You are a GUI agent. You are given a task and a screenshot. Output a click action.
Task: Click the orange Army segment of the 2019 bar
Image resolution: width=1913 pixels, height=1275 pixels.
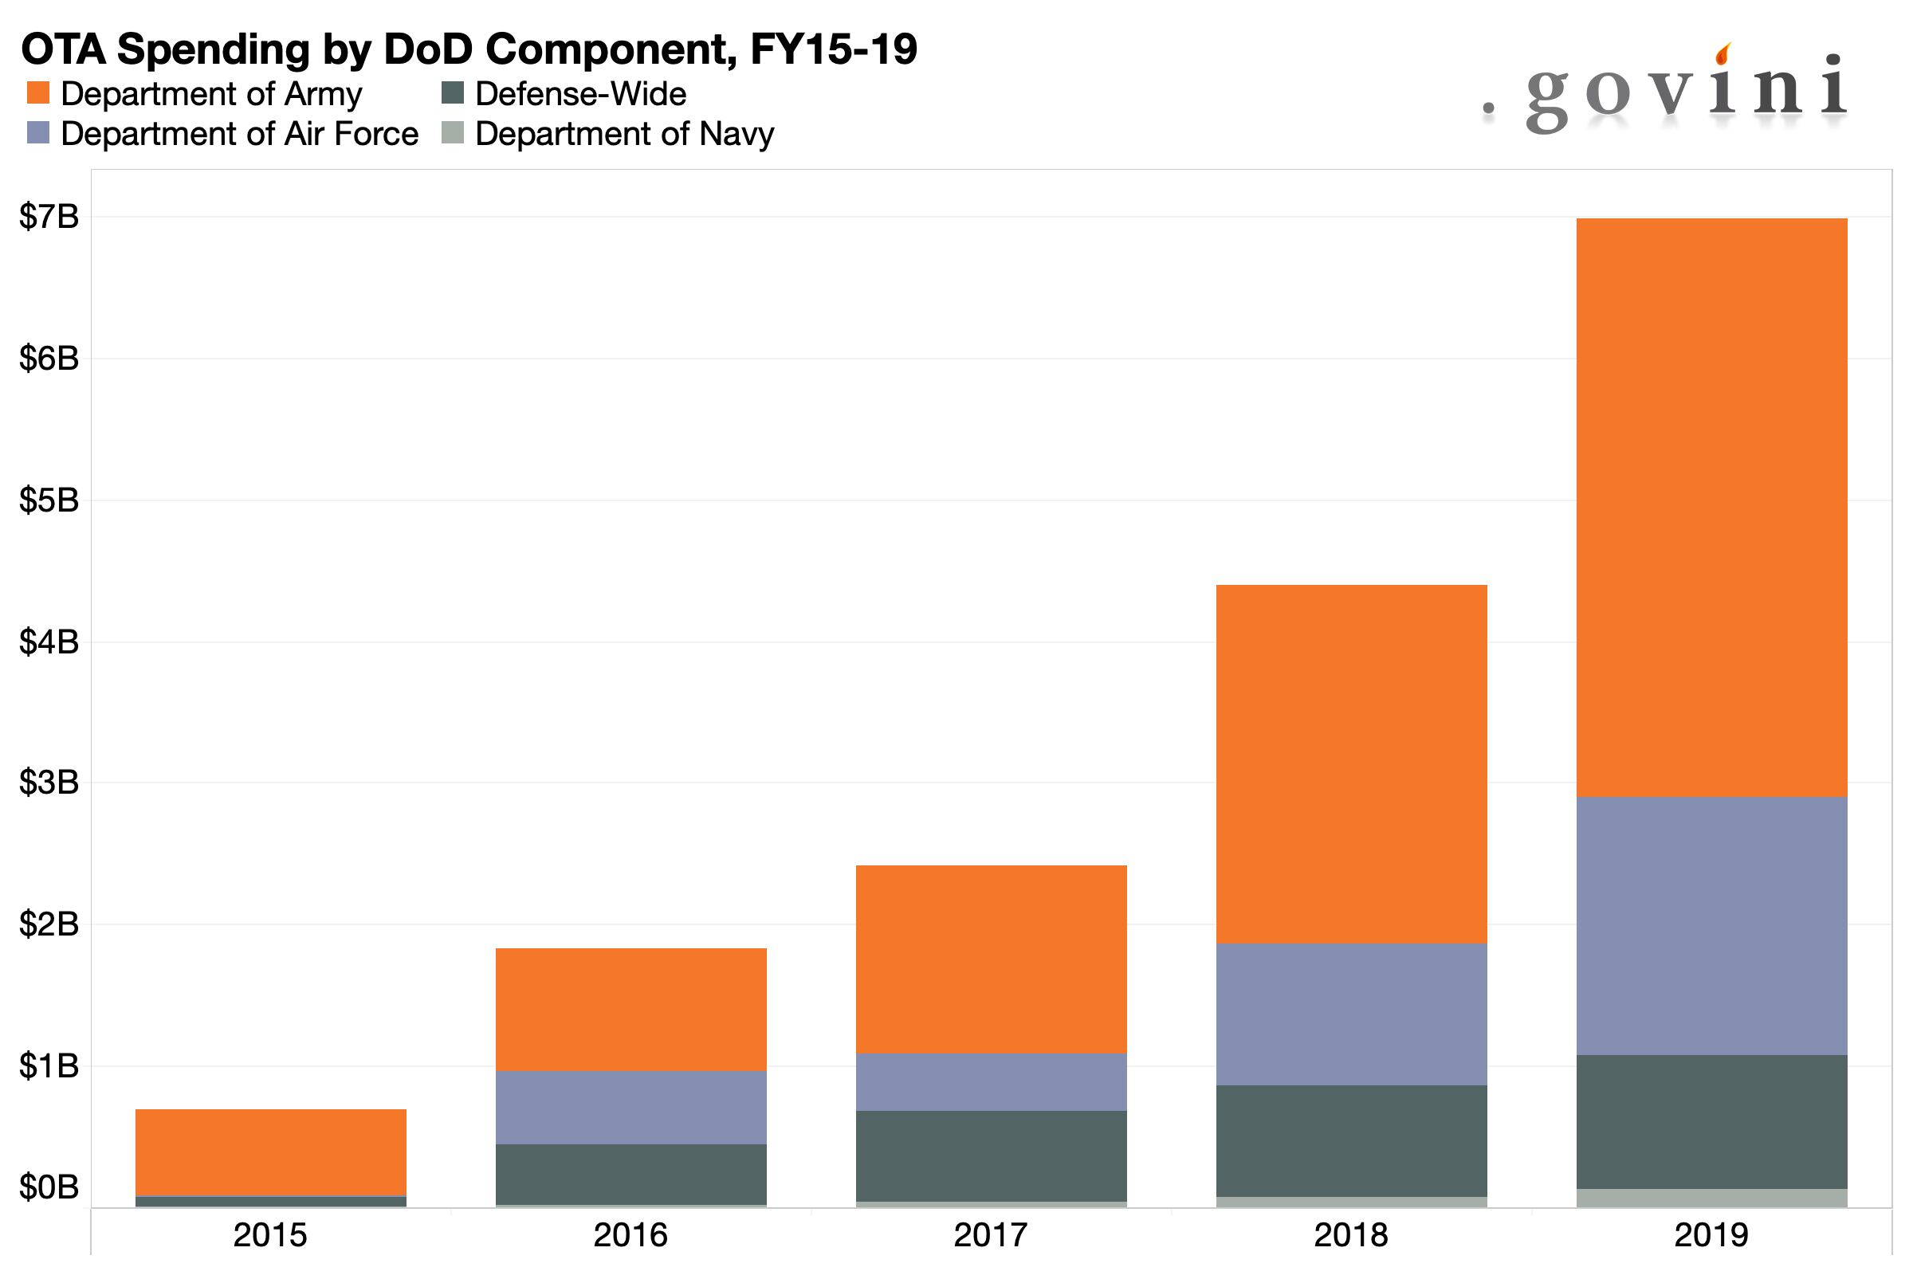click(x=1711, y=508)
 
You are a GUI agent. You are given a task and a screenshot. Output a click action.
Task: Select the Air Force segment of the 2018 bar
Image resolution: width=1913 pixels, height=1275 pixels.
click(x=1351, y=1014)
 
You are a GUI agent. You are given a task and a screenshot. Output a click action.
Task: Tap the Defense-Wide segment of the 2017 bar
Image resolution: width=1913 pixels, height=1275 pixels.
click(x=991, y=1155)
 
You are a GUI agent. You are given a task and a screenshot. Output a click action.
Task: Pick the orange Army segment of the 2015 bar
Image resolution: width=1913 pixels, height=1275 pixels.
click(x=271, y=1151)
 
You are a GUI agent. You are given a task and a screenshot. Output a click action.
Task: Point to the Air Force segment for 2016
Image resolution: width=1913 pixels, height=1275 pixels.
click(x=630, y=1107)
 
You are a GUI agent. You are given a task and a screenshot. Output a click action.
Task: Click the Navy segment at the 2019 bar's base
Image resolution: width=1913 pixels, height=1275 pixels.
click(x=1711, y=1198)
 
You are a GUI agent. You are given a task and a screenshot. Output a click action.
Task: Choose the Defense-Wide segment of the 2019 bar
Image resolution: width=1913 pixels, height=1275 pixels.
click(x=1711, y=1122)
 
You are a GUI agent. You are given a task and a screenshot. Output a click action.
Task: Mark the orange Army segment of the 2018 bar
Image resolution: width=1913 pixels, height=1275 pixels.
click(x=1351, y=764)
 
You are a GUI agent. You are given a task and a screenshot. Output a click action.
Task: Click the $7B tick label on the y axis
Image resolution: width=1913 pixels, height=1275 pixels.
click(x=49, y=216)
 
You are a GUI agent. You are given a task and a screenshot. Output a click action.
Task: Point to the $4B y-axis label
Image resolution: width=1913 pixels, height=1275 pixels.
click(x=49, y=642)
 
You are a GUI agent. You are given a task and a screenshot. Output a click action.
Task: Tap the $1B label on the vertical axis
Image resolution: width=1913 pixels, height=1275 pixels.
click(x=49, y=1065)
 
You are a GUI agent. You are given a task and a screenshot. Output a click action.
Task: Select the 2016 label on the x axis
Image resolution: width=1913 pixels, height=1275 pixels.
click(x=630, y=1235)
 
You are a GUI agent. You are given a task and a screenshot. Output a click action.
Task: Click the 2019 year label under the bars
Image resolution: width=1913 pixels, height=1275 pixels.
click(x=1711, y=1235)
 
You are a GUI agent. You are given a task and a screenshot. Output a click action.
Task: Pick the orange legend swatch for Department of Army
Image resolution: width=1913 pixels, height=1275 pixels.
click(x=38, y=92)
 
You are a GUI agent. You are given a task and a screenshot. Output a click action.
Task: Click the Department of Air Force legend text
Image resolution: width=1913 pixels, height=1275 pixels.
click(x=239, y=133)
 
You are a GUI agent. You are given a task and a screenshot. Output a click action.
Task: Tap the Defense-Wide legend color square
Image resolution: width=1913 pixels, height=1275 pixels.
click(x=452, y=92)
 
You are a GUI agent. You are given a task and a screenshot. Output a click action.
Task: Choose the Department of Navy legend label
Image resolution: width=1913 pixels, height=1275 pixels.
click(x=624, y=133)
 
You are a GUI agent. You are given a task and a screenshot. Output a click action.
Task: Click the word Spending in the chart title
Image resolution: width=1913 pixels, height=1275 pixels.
click(x=213, y=49)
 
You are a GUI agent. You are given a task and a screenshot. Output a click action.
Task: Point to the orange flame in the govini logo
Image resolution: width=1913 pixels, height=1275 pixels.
click(x=1722, y=54)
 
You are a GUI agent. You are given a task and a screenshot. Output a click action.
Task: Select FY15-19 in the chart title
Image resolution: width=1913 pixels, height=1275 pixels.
click(x=834, y=49)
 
